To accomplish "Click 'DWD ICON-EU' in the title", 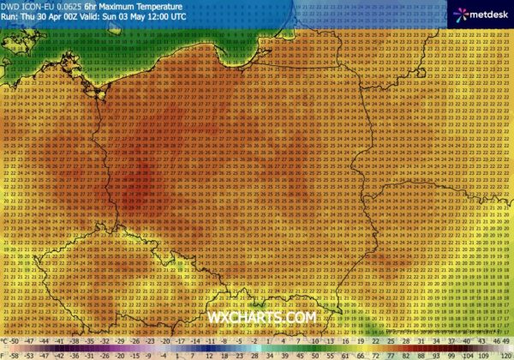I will [28, 6].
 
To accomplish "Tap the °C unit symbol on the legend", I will [8, 342].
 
